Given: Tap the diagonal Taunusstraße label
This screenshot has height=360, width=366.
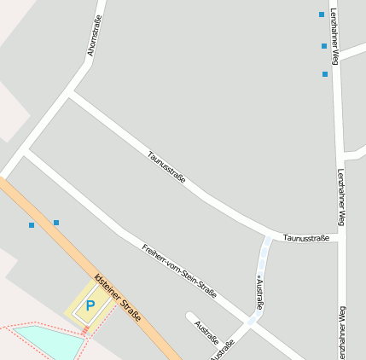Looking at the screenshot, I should point(166,167).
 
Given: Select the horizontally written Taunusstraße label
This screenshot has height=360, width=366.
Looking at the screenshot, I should point(306,237).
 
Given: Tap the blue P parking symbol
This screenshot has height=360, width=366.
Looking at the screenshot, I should point(90,305).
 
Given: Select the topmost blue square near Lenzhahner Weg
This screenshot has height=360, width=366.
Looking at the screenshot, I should point(322,15).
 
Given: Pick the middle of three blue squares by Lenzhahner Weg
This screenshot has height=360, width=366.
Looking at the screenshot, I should point(324,46).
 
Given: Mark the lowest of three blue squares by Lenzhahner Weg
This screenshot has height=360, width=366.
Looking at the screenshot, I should point(325,74).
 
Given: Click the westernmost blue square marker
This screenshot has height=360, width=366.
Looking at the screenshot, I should point(32,225).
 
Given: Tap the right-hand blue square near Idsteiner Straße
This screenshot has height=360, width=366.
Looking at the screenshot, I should point(56,223).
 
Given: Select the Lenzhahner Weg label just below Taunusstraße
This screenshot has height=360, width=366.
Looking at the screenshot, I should point(340,198).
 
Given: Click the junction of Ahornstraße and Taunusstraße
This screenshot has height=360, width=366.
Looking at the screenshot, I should point(70,93).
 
